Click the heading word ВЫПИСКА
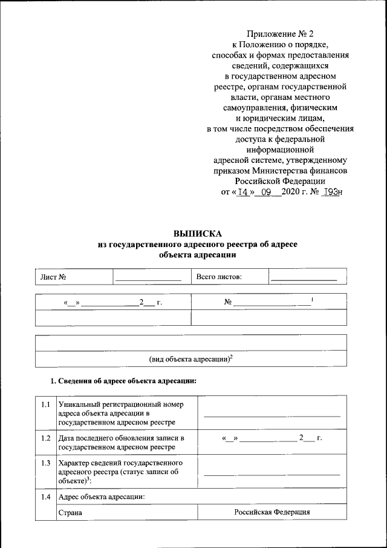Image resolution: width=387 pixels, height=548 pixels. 198,233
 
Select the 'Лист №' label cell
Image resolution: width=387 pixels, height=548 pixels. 53,277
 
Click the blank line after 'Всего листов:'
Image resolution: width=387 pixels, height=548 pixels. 303,279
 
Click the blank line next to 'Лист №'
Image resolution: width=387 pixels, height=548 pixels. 148,279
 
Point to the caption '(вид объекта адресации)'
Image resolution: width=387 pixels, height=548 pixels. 191,358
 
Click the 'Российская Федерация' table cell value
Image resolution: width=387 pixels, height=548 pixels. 272,512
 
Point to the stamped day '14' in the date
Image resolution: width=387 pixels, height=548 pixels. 243,192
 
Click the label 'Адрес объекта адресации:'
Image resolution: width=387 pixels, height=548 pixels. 101,497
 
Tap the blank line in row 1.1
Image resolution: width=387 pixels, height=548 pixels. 272,416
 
